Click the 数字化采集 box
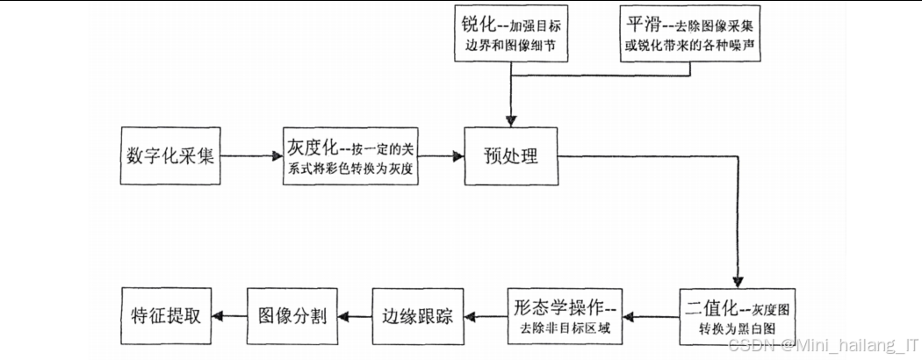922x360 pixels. point(166,157)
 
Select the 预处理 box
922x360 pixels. point(510,157)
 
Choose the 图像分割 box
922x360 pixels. point(293,316)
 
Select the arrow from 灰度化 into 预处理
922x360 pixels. point(439,157)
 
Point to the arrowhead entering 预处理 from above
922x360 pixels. point(511,119)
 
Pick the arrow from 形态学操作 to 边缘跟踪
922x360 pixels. point(482,316)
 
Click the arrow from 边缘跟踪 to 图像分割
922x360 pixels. point(354,316)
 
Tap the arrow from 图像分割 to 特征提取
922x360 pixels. point(227,316)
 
